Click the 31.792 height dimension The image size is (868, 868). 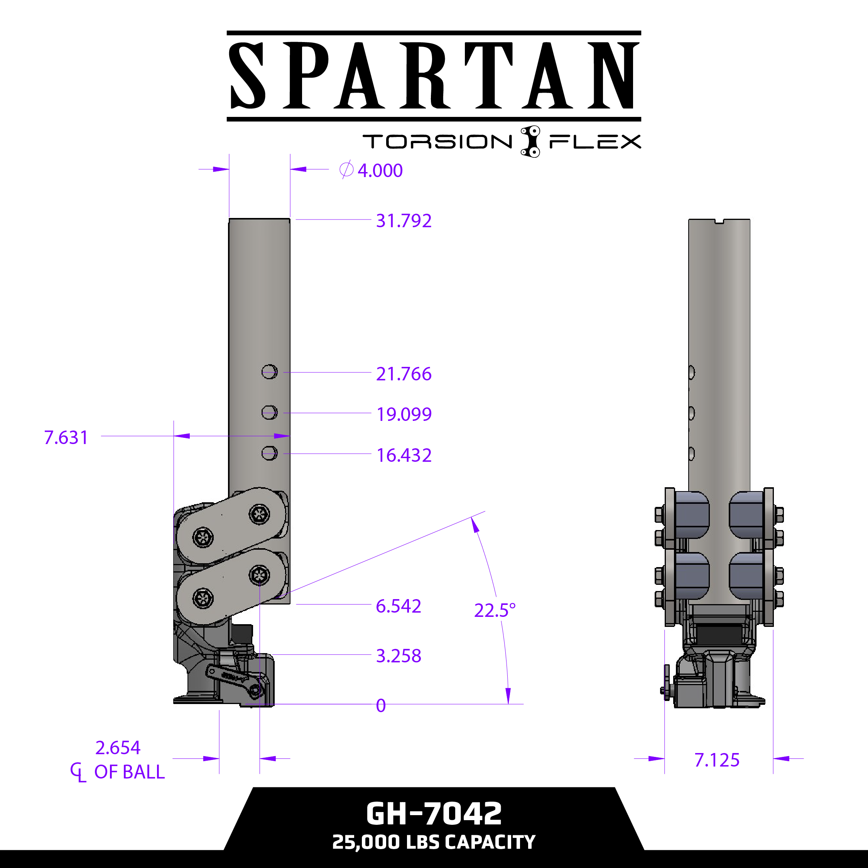404,221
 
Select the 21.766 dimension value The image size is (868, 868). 404,374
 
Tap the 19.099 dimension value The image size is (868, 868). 404,414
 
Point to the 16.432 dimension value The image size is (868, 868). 404,455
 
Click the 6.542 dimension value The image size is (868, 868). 398,606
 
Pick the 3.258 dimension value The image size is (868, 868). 398,656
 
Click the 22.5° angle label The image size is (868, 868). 495,611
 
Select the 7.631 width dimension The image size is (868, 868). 66,437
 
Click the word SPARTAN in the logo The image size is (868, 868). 434,76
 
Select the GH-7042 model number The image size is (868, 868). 434,814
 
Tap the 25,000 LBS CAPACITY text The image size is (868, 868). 434,842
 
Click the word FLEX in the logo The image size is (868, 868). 595,142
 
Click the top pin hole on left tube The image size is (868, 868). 269,372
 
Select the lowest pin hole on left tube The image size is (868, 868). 269,453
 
